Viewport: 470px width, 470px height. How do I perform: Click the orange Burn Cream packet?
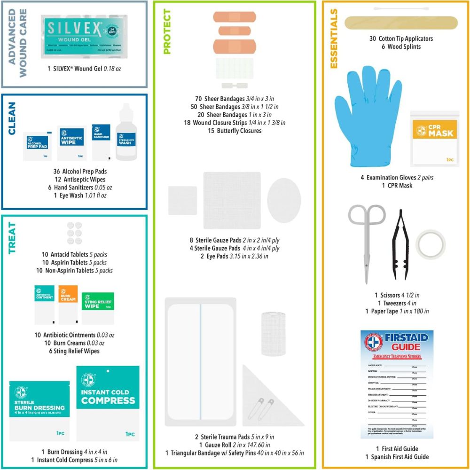pos(68,304)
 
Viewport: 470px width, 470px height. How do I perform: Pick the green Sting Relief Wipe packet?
pos(98,308)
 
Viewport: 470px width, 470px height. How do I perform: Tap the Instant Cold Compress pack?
pos(108,403)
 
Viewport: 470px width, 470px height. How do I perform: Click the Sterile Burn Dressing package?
pos(39,411)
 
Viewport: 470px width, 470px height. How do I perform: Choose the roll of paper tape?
pos(431,245)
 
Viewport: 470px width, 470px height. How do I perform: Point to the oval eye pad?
pos(284,199)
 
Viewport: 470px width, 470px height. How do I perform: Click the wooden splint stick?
pos(401,22)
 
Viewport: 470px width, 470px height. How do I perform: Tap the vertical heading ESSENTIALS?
pos(334,39)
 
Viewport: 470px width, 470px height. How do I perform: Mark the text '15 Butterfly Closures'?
pos(235,131)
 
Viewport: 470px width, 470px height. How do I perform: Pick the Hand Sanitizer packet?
pos(101,141)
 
